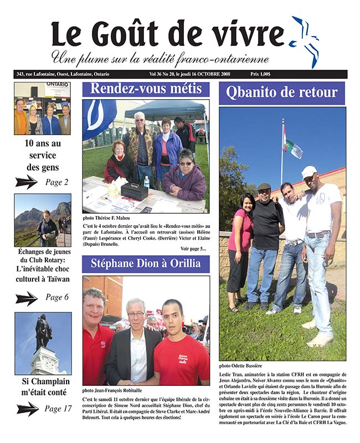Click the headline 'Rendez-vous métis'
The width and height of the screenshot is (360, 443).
[146, 89]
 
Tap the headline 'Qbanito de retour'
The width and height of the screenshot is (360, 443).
[281, 92]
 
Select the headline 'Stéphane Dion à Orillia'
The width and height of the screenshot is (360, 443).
[146, 264]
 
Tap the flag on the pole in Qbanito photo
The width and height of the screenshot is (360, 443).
[292, 147]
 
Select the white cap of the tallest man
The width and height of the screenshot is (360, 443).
[309, 172]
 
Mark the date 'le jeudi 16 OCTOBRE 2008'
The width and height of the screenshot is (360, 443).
[203, 74]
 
